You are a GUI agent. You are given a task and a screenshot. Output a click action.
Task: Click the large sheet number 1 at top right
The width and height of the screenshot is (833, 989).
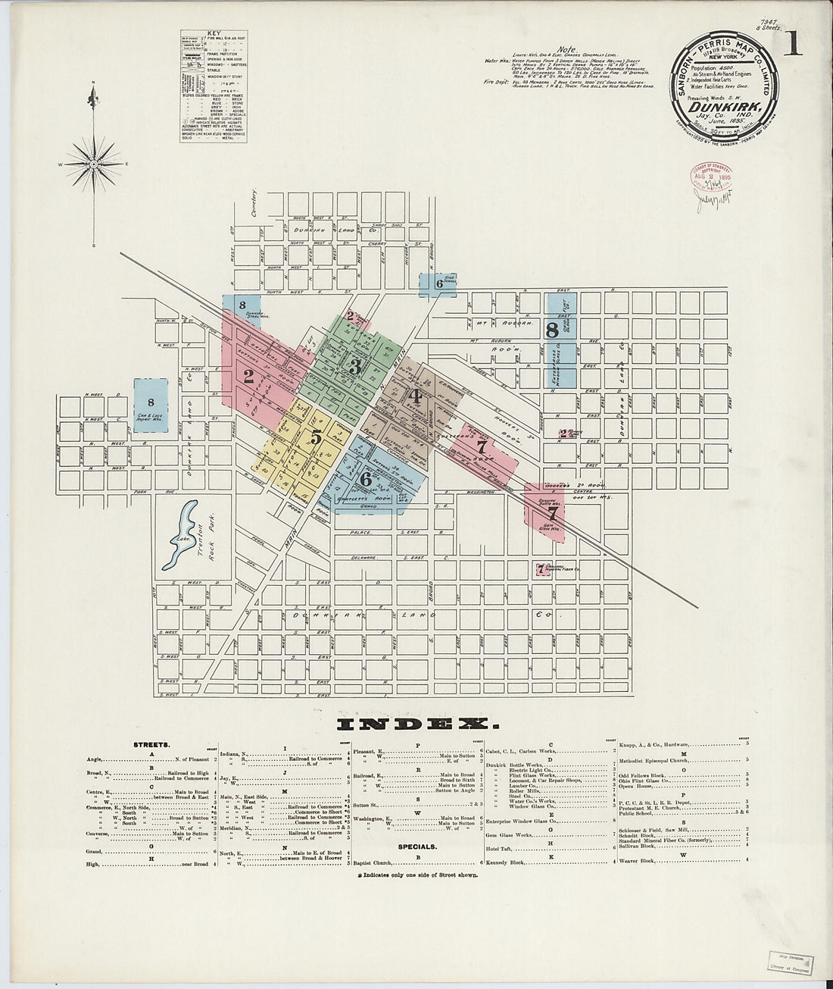coord(792,45)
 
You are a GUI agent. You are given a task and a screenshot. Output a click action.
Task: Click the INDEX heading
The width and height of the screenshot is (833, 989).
coord(415,723)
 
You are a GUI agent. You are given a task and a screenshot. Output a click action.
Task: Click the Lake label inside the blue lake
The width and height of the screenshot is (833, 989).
coord(181,539)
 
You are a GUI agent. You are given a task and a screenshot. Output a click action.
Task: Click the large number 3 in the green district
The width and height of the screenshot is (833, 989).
coord(354,366)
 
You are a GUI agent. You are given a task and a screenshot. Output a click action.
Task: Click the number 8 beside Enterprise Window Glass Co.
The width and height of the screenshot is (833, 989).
coord(552,330)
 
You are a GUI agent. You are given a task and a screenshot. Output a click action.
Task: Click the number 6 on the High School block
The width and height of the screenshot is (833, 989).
coord(438,283)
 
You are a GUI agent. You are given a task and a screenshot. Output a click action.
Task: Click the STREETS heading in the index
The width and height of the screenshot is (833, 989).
coord(145,744)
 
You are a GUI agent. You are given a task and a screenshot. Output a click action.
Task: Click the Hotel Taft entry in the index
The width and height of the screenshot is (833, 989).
coord(501,847)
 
